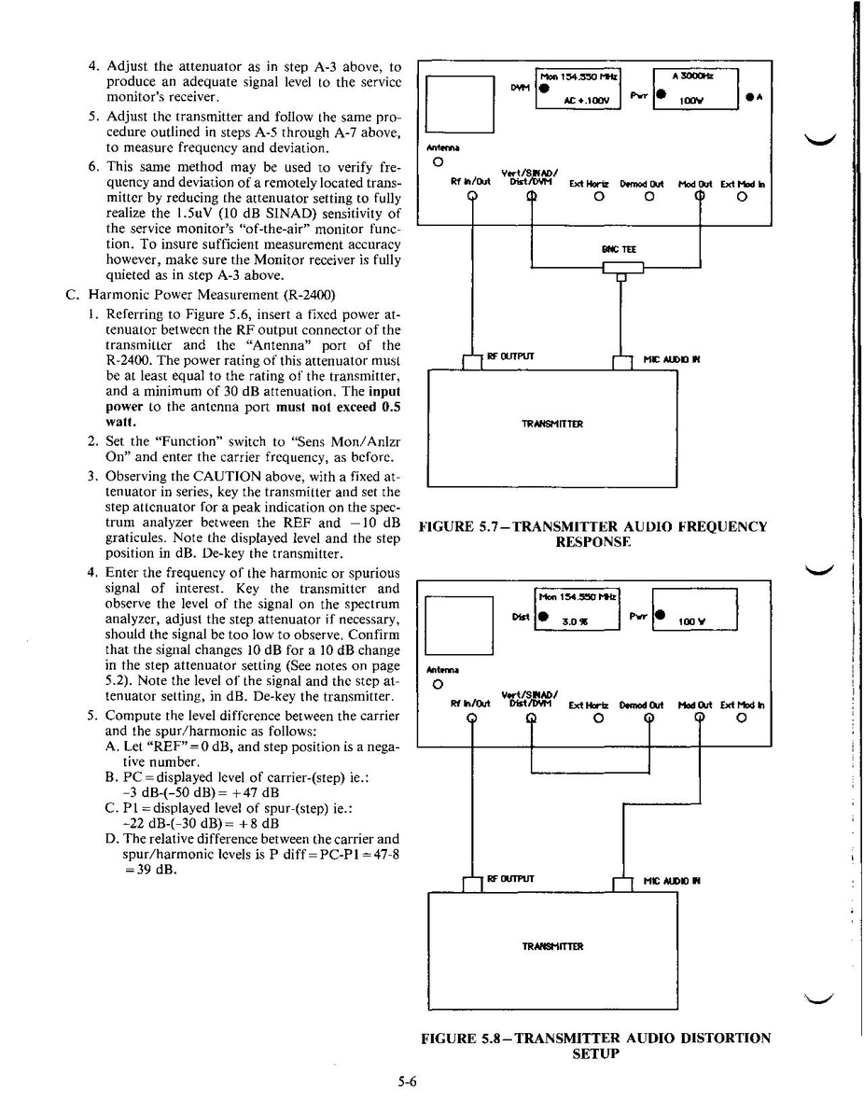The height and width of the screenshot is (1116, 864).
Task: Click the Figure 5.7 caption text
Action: click(593, 534)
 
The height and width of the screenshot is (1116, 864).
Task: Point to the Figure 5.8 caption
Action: click(595, 1045)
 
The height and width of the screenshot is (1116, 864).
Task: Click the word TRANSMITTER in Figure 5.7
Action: click(552, 424)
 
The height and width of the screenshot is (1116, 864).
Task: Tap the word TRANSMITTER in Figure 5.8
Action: click(552, 946)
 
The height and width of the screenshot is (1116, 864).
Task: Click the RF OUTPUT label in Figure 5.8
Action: click(510, 879)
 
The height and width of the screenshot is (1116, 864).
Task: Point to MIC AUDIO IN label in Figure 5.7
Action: click(671, 357)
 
